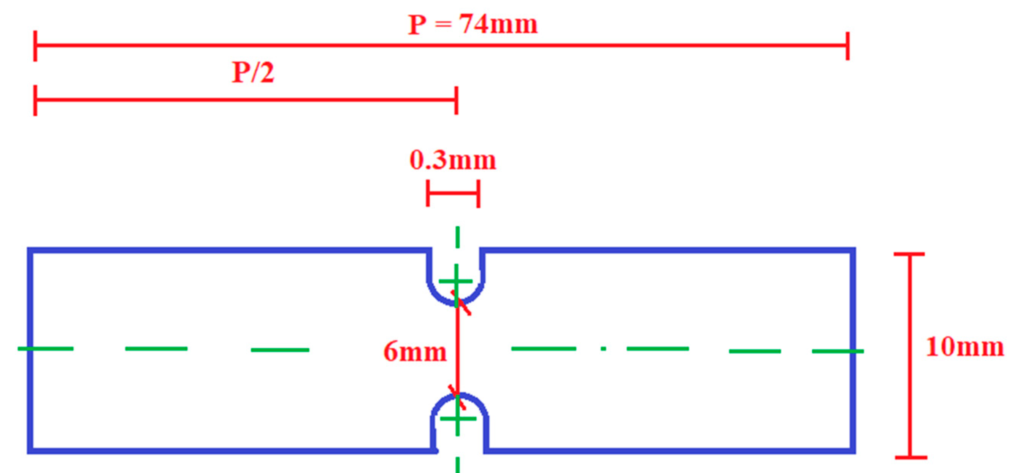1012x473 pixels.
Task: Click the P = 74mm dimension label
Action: (473, 24)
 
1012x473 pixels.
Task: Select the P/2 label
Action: (252, 72)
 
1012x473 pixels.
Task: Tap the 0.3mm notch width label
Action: (452, 160)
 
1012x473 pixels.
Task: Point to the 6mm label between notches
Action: (415, 351)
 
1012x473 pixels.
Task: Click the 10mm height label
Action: (964, 347)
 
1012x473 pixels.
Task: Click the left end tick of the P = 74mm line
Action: (35, 46)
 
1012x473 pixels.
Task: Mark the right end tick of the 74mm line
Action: (847, 46)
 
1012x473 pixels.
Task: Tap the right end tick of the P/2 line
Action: (456, 100)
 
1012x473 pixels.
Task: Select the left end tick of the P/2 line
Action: (35, 100)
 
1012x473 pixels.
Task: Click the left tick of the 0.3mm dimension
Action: (428, 193)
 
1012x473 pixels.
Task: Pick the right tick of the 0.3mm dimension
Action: (478, 193)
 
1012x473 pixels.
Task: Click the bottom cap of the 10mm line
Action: (910, 457)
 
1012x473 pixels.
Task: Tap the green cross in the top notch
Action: (456, 281)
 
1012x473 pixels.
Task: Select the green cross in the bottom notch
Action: (458, 419)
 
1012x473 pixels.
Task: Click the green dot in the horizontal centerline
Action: (603, 348)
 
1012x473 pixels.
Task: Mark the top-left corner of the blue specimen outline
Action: (30, 250)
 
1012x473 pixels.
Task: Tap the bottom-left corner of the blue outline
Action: (30, 451)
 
